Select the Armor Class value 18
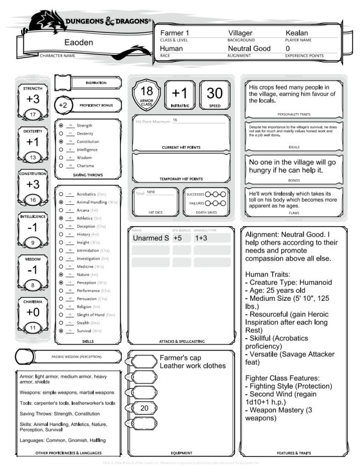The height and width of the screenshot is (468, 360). [146, 91]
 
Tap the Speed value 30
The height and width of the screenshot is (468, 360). [215, 93]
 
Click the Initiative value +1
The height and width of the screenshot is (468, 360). [180, 93]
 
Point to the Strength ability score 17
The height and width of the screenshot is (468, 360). [33, 114]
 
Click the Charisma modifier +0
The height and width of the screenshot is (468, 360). [33, 313]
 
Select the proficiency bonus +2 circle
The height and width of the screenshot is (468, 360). [63, 105]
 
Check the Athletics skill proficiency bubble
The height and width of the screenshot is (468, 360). [61, 218]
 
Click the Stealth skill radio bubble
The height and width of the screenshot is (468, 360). [61, 323]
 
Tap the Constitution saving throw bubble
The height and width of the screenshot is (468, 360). [61, 142]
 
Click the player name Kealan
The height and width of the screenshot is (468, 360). [297, 33]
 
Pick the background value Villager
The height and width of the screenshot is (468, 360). [240, 33]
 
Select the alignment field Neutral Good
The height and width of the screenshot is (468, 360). [249, 48]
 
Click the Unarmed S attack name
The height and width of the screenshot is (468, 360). [148, 238]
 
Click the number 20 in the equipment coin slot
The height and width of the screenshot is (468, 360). [145, 408]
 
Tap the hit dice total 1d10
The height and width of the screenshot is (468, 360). [150, 193]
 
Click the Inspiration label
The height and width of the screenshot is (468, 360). [96, 83]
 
